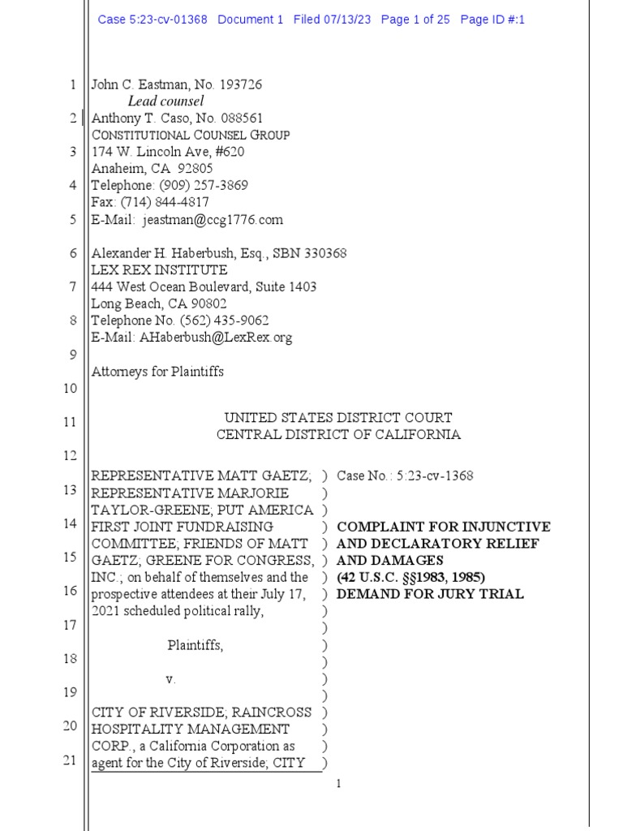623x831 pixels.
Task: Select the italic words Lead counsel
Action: coord(166,101)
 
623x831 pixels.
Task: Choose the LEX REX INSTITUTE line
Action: coord(159,270)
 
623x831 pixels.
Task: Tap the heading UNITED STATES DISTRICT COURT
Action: coord(338,418)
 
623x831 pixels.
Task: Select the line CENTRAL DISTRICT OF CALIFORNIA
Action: coord(338,435)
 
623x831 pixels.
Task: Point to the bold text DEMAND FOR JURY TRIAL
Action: coord(430,594)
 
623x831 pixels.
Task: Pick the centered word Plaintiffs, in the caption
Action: coord(195,646)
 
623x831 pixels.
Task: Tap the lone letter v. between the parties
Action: coord(170,678)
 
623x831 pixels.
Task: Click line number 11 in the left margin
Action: coord(71,422)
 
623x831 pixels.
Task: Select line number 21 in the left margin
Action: coord(71,760)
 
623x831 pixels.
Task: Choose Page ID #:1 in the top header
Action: coord(492,19)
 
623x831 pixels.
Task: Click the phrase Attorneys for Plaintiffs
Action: coord(157,372)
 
